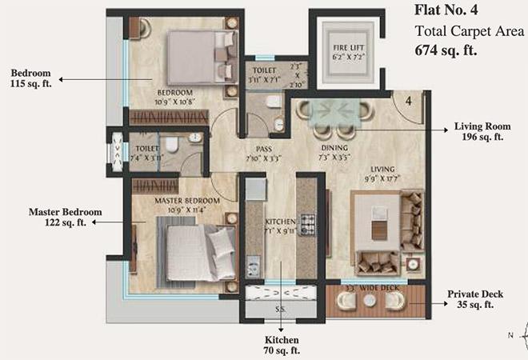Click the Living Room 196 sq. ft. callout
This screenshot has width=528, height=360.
coord(478,132)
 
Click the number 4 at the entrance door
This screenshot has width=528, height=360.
coord(407,102)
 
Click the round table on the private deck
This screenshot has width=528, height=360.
coord(369,302)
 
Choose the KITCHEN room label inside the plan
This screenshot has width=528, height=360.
coord(282,221)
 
